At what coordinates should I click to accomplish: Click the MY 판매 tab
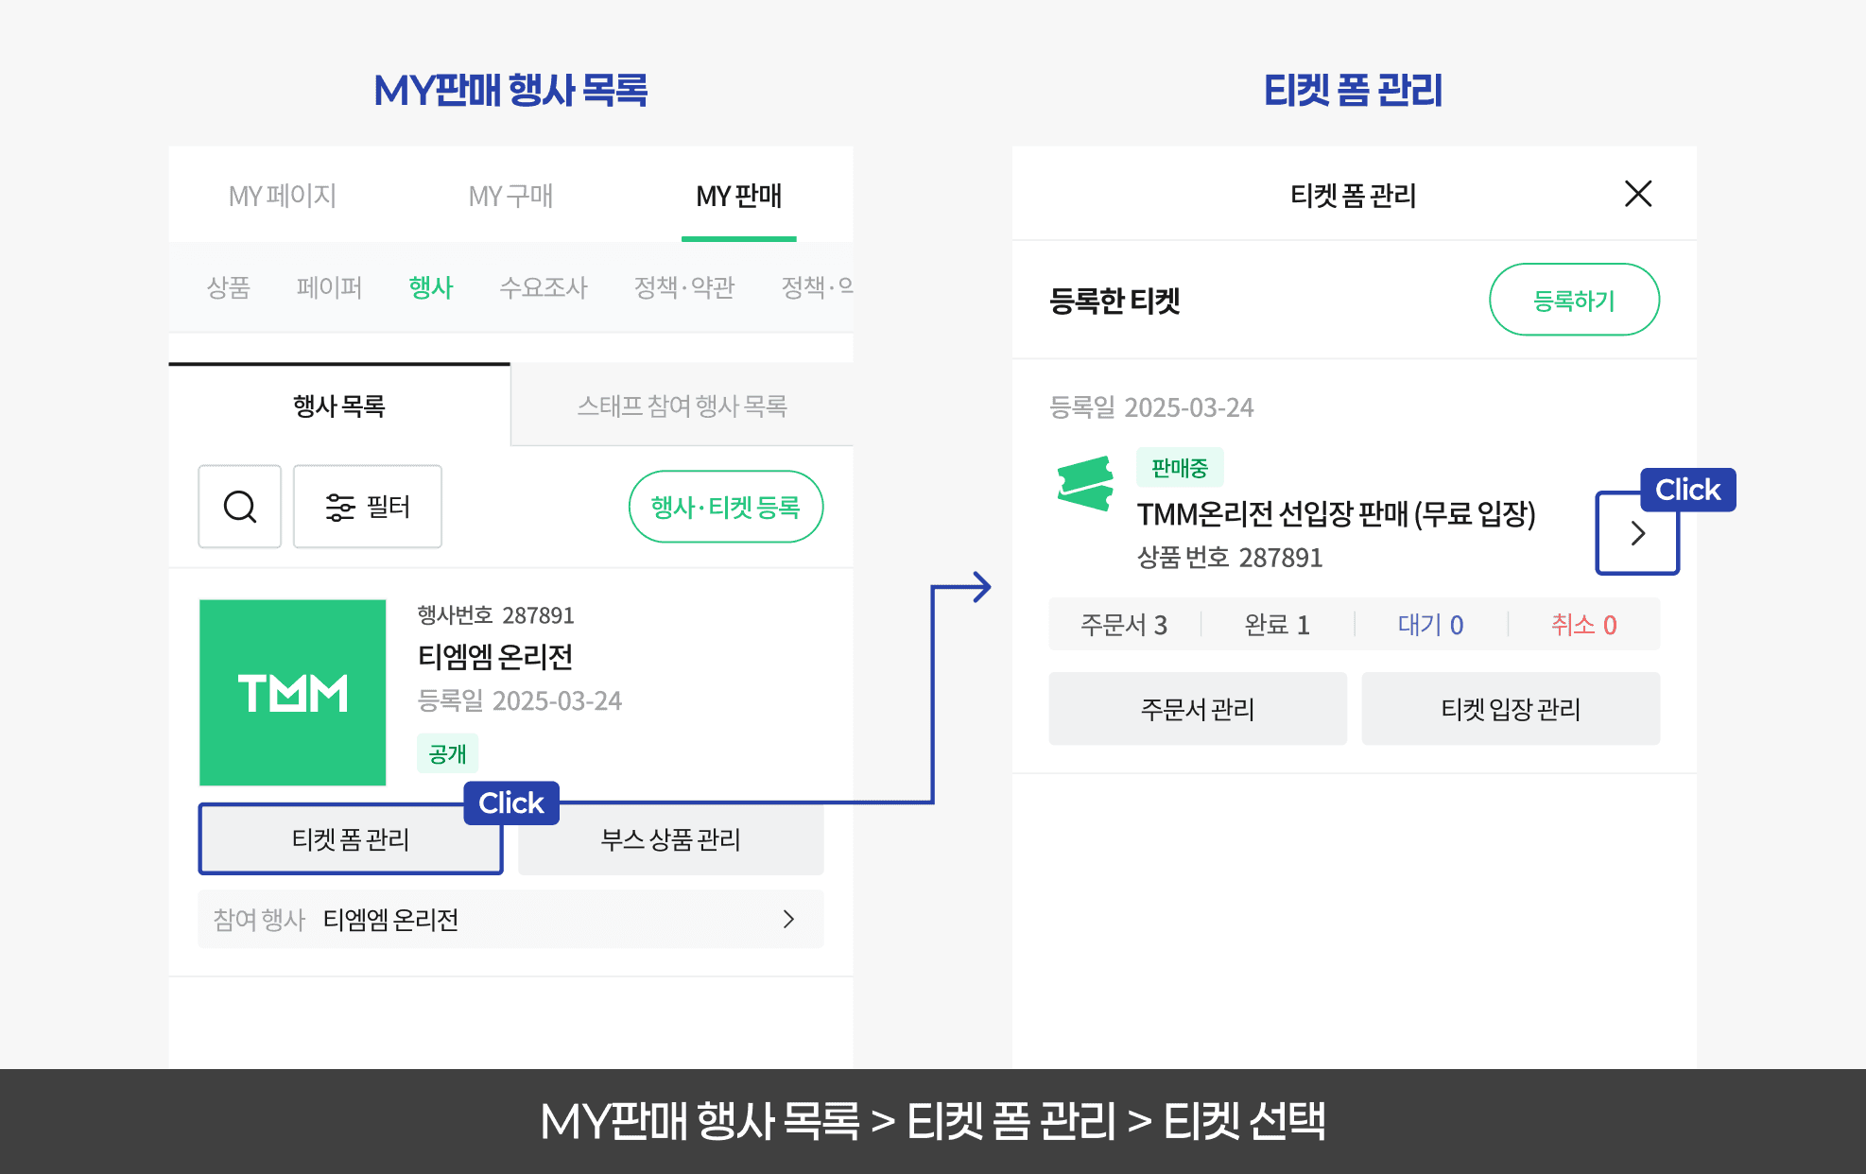tap(738, 196)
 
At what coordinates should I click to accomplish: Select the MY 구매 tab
tap(510, 196)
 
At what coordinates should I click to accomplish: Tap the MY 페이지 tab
tap(282, 196)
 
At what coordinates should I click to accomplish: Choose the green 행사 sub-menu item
tap(431, 286)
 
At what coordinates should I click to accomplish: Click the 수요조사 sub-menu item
tap(543, 286)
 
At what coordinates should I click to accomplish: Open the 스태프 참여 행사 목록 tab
tap(682, 406)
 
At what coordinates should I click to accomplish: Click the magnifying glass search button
tap(239, 507)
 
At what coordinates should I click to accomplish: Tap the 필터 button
tap(367, 507)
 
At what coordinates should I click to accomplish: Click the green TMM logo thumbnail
tap(292, 692)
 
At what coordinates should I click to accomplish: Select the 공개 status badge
tap(447, 753)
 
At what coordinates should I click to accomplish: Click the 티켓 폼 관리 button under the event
tap(350, 839)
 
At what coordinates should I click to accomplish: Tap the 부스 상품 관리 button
tap(670, 839)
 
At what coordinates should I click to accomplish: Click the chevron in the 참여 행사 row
tap(788, 919)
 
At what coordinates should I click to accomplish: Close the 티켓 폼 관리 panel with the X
tap(1637, 194)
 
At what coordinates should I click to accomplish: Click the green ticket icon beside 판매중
tap(1085, 482)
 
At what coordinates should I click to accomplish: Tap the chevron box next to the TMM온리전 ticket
tap(1637, 533)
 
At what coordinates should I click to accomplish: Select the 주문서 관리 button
tap(1197, 709)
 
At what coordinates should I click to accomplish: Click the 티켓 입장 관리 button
tap(1510, 709)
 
